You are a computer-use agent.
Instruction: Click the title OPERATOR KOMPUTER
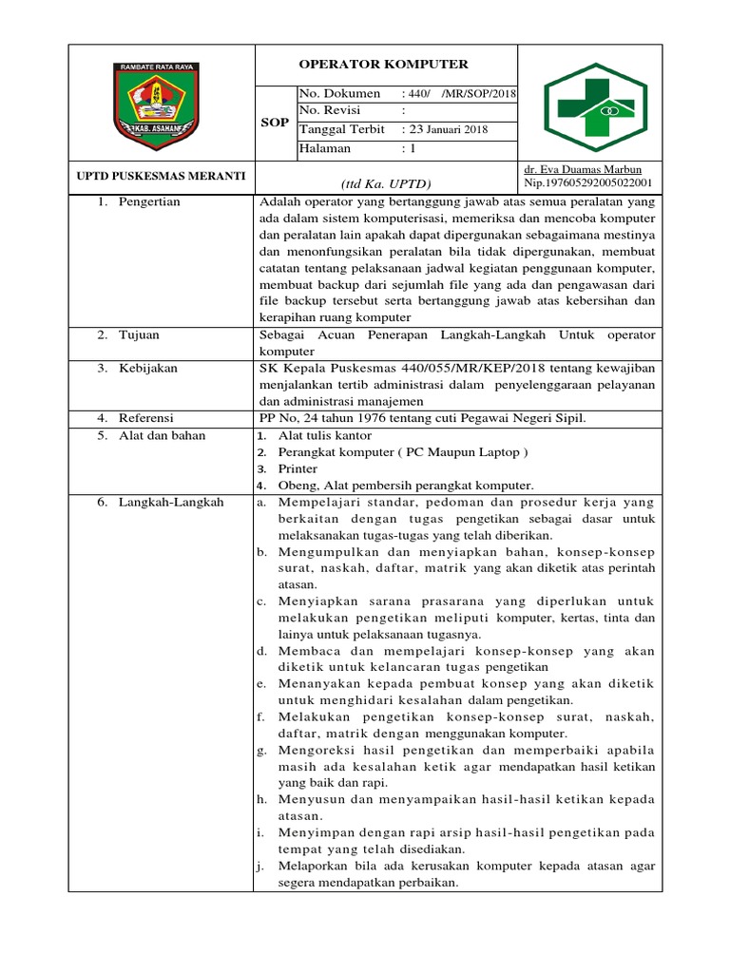(x=384, y=65)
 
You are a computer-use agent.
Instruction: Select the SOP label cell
(x=276, y=123)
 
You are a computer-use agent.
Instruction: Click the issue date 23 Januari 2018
(x=444, y=130)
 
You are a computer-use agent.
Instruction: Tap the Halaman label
(x=326, y=148)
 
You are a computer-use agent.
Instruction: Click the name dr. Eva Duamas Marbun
(x=574, y=169)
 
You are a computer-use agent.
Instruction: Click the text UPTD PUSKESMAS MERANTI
(x=161, y=176)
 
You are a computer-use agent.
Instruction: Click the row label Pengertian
(x=149, y=201)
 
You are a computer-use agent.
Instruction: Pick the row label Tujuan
(x=139, y=336)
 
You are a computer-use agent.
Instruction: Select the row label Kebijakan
(x=147, y=368)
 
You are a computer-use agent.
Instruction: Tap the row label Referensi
(x=147, y=417)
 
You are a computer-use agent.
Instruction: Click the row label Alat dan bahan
(x=161, y=435)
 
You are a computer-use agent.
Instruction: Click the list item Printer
(x=298, y=468)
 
